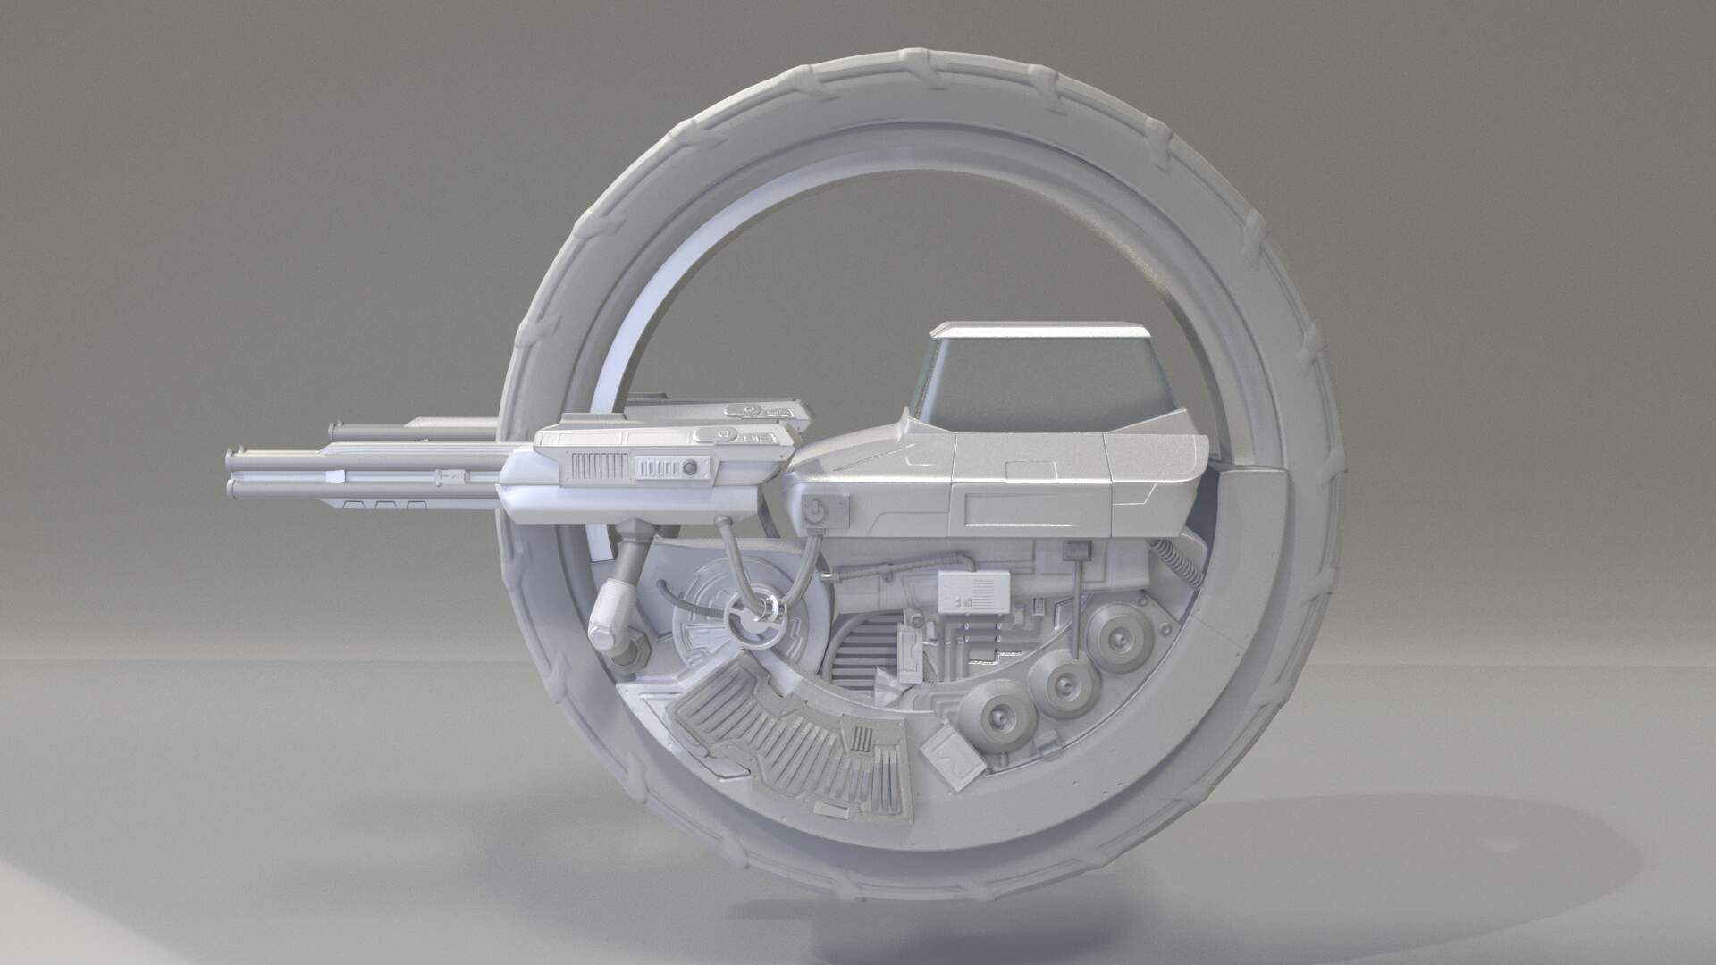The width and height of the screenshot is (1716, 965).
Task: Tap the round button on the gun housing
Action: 689,467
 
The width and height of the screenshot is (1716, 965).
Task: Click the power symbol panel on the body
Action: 815,512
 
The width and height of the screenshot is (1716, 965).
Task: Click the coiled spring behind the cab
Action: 1181,562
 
